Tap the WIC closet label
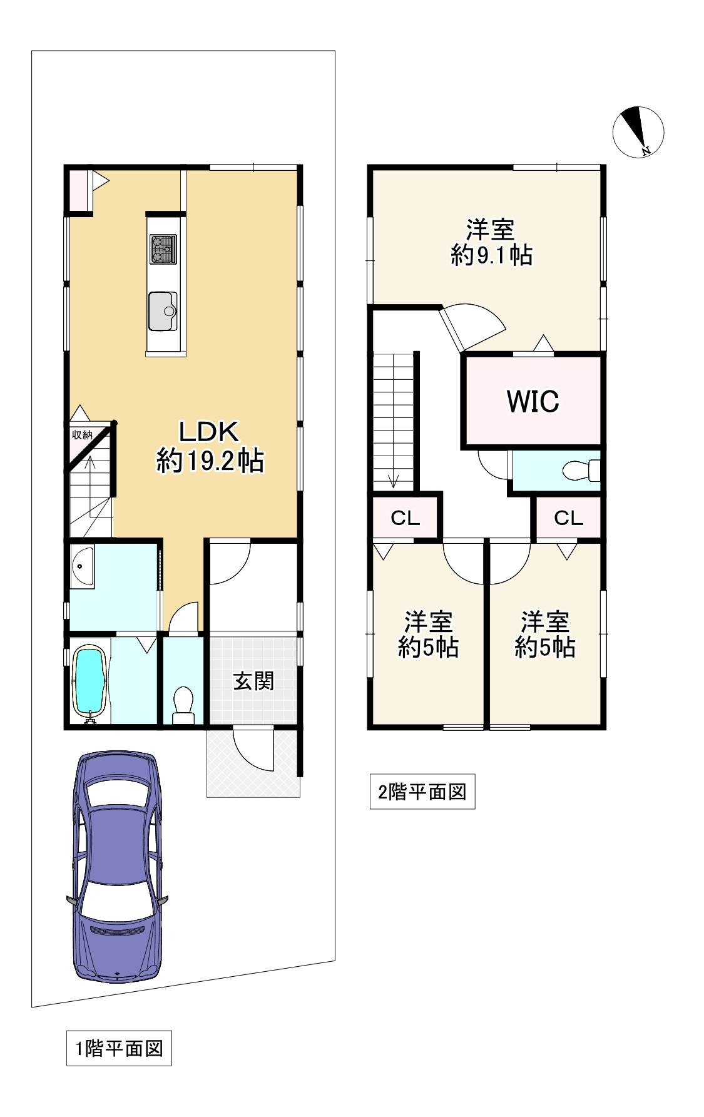[533, 401]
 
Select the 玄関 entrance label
[253, 681]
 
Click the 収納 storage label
[82, 434]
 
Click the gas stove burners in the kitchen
[163, 249]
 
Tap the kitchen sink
[163, 311]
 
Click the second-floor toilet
[581, 471]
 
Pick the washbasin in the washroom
[82, 568]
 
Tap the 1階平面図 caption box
[119, 1048]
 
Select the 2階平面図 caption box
[422, 792]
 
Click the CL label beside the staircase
[405, 518]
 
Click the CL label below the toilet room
[568, 518]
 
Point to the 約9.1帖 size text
[492, 255]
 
